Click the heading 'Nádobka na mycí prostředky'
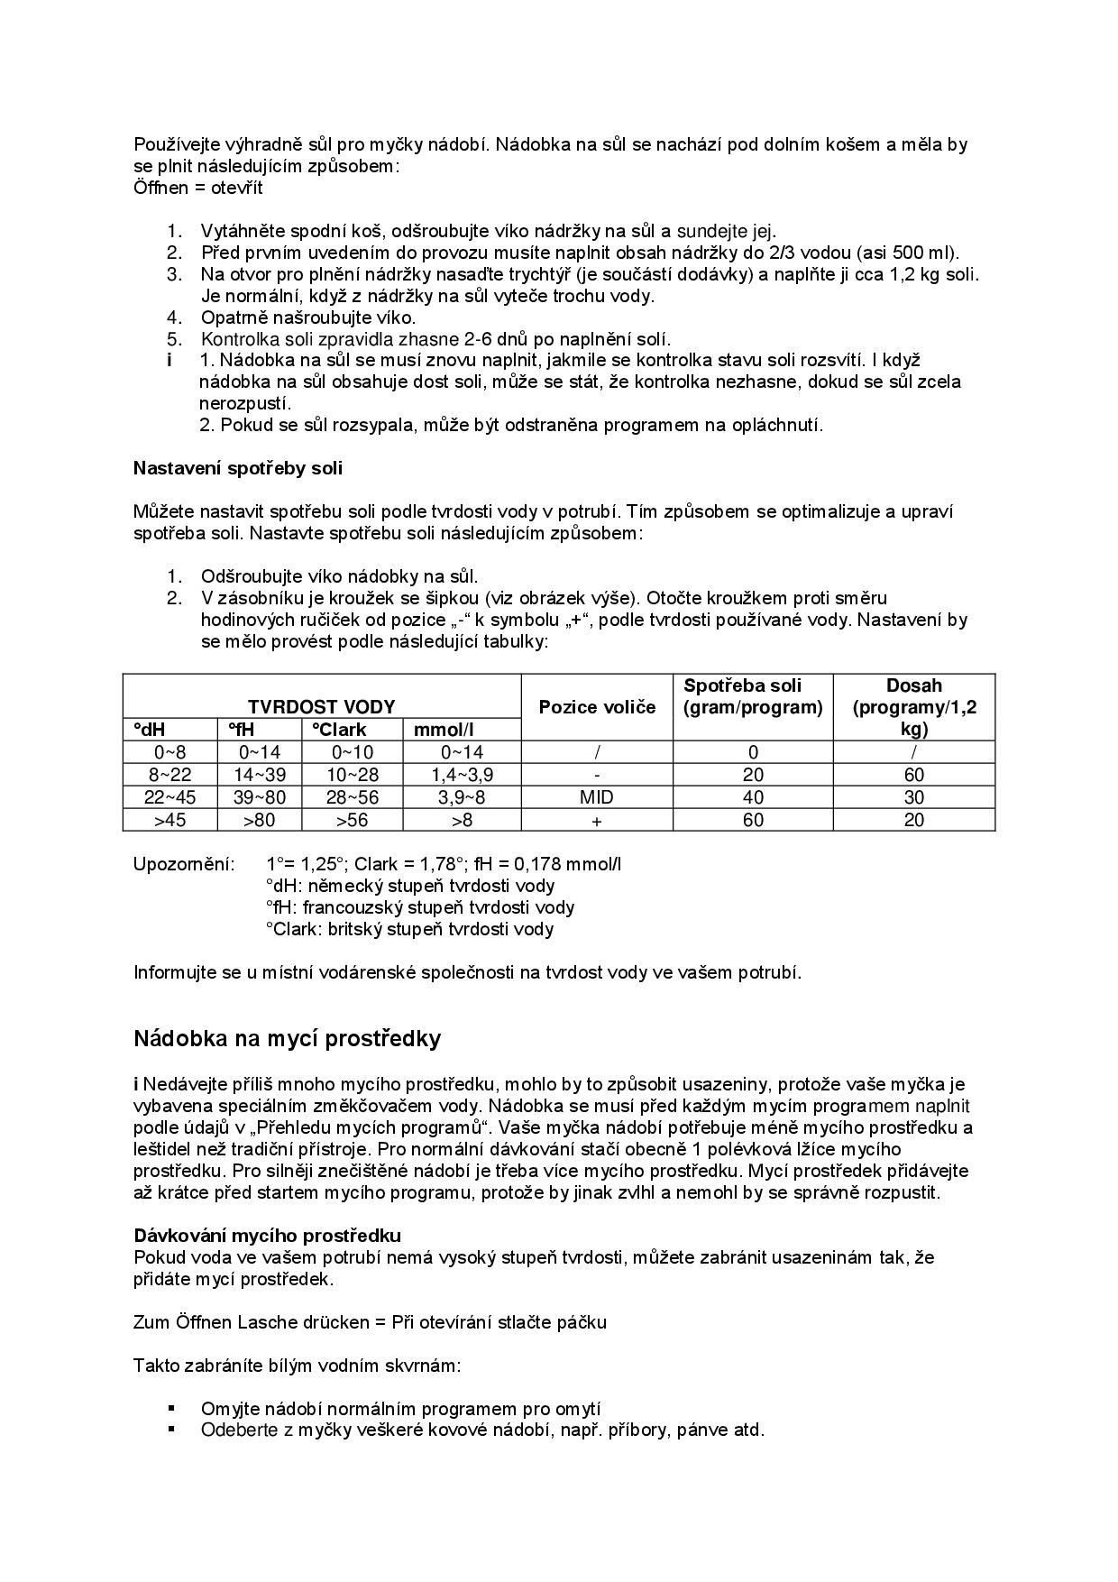[287, 1039]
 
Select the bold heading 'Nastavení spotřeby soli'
[237, 468]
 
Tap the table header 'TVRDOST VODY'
[321, 707]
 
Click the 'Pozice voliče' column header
[597, 707]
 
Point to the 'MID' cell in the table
[597, 797]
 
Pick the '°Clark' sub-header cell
[340, 730]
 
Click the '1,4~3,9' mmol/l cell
[462, 775]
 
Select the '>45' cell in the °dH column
[170, 820]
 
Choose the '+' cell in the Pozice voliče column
[597, 821]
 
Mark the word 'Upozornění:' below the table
[184, 864]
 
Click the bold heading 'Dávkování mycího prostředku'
[268, 1235]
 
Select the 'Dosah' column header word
[914, 685]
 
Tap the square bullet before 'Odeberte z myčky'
[170, 1430]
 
